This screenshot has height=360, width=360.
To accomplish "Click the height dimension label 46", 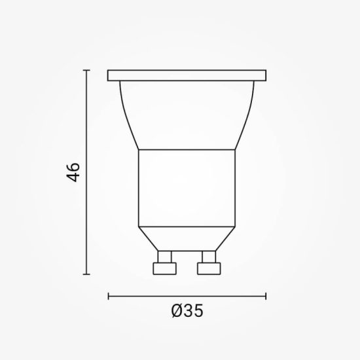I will coord(75,173).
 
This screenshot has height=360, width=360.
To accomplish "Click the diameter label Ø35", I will coord(187,312).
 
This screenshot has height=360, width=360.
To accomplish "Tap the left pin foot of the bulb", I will coord(164,268).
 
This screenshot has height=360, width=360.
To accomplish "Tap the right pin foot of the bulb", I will coord(209,268).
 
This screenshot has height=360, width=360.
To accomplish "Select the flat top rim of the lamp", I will coord(187,76).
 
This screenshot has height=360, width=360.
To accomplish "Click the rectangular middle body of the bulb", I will coord(187,189).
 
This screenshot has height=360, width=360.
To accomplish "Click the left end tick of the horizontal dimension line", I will coord(108,295).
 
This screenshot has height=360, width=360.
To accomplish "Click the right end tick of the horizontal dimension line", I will coord(267,295).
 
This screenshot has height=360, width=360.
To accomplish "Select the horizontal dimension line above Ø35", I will coord(187,295).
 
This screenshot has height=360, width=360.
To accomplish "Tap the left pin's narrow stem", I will coord(164,255).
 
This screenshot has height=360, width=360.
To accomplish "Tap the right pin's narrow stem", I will coord(209,255).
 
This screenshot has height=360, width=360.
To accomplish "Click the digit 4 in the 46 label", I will coord(75,179).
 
